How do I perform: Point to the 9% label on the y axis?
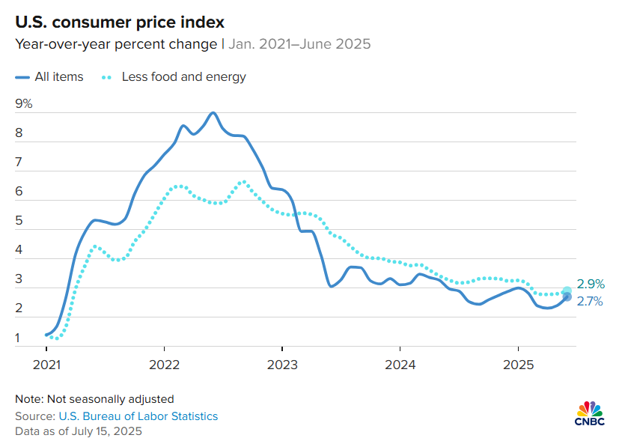(x=24, y=103)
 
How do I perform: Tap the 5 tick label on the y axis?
(x=19, y=222)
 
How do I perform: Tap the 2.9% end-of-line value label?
(x=591, y=285)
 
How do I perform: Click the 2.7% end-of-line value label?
(x=591, y=302)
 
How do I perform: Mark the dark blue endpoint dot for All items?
(x=567, y=297)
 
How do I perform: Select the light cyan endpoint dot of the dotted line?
(x=567, y=291)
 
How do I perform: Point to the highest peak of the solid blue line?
(x=213, y=113)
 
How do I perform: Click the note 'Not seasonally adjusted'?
(x=94, y=398)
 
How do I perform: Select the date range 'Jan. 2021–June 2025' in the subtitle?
(x=299, y=43)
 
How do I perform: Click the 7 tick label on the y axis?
(x=19, y=162)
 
